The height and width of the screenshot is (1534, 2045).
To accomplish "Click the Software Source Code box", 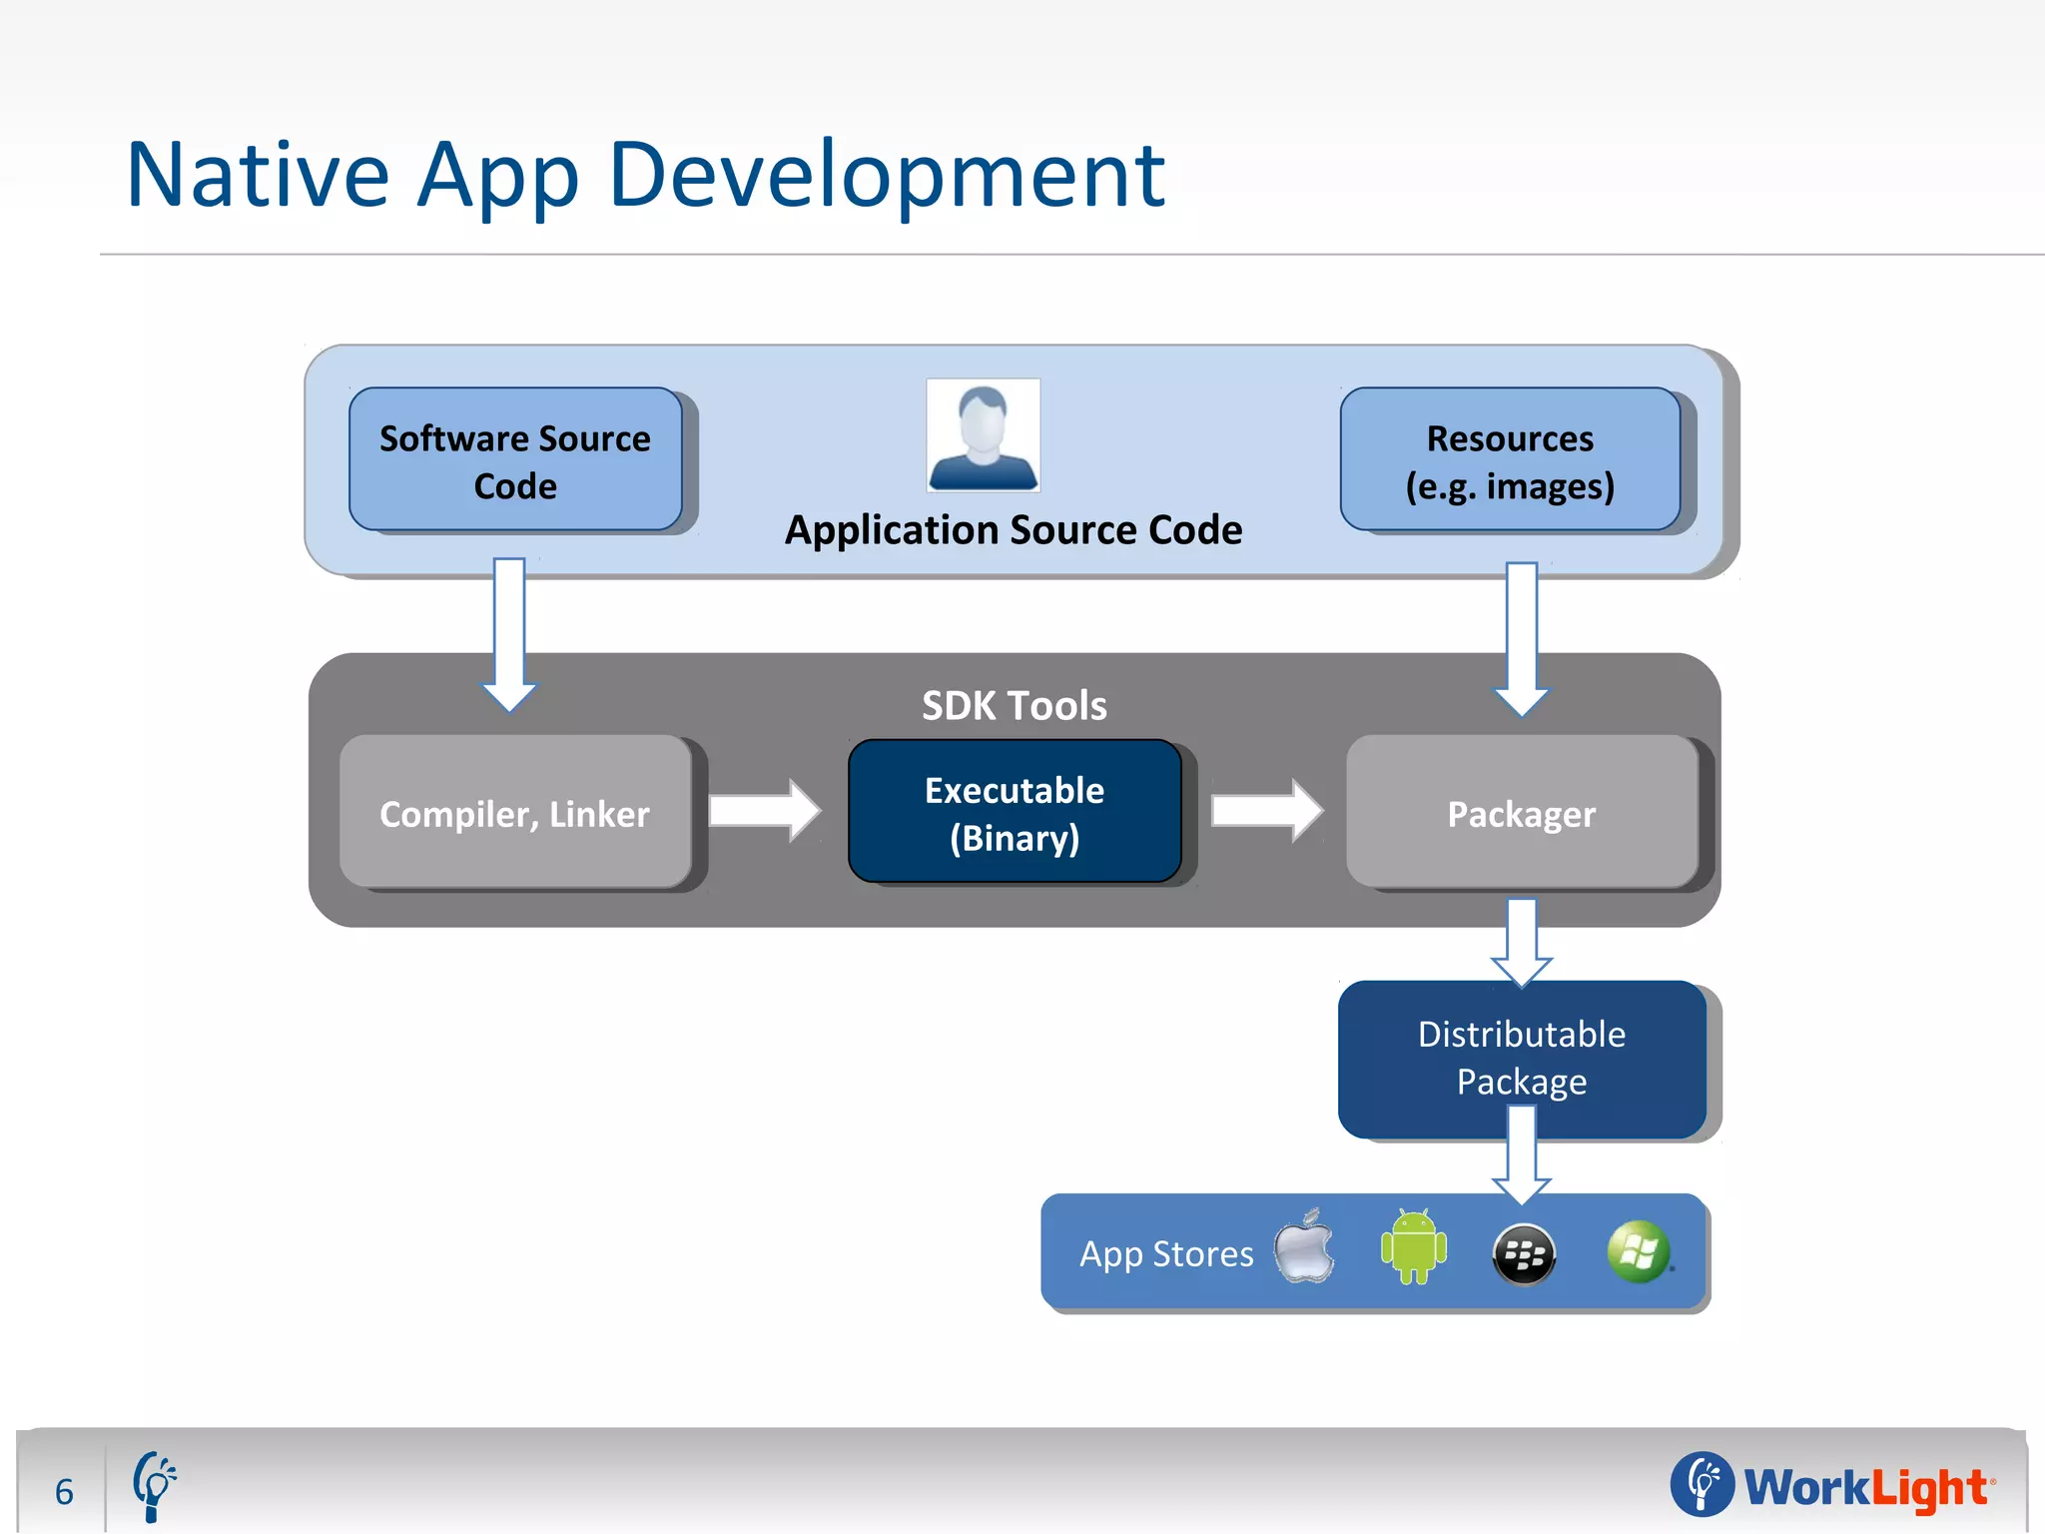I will [x=515, y=460].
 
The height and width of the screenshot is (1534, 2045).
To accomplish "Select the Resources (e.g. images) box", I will [x=1510, y=460].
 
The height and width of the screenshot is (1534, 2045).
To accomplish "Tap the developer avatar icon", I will [x=983, y=434].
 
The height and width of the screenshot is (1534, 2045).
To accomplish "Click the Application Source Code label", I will [x=1013, y=530].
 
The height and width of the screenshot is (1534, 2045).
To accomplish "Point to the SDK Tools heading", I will [x=1014, y=705].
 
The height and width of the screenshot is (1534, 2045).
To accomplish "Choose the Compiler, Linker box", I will [x=515, y=813].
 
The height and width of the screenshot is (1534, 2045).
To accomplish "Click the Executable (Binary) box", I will [x=1014, y=813].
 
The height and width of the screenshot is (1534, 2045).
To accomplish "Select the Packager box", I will [x=1521, y=813].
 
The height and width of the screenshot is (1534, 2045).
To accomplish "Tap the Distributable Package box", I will [x=1521, y=1058].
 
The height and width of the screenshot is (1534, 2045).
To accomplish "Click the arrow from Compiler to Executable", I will [x=764, y=810].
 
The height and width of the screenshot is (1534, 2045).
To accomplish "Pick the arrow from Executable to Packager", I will [x=1265, y=810].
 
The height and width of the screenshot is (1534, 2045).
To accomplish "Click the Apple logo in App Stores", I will [x=1304, y=1248].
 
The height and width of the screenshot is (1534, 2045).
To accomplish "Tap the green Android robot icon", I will [x=1413, y=1248].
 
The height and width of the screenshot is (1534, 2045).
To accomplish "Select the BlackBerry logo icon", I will [x=1523, y=1254].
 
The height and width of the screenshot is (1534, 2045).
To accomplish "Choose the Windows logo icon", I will [x=1638, y=1251].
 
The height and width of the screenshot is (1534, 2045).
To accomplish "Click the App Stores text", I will [x=1166, y=1253].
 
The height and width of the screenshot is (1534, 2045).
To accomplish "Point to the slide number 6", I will [x=65, y=1492].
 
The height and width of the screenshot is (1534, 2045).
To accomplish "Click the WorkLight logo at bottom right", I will [x=1832, y=1486].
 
